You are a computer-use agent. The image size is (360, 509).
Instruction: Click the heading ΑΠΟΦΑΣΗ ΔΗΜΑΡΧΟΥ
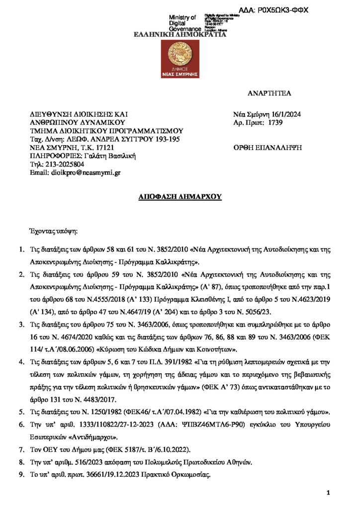(180, 197)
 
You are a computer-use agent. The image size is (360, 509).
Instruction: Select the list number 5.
(21, 412)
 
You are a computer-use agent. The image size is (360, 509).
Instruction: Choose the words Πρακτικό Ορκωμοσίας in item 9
(181, 475)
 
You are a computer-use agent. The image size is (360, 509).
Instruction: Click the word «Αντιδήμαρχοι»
(95, 437)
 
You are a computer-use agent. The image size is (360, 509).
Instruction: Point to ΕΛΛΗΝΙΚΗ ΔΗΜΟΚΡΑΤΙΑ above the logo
(180, 35)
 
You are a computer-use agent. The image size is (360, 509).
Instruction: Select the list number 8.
(21, 462)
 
